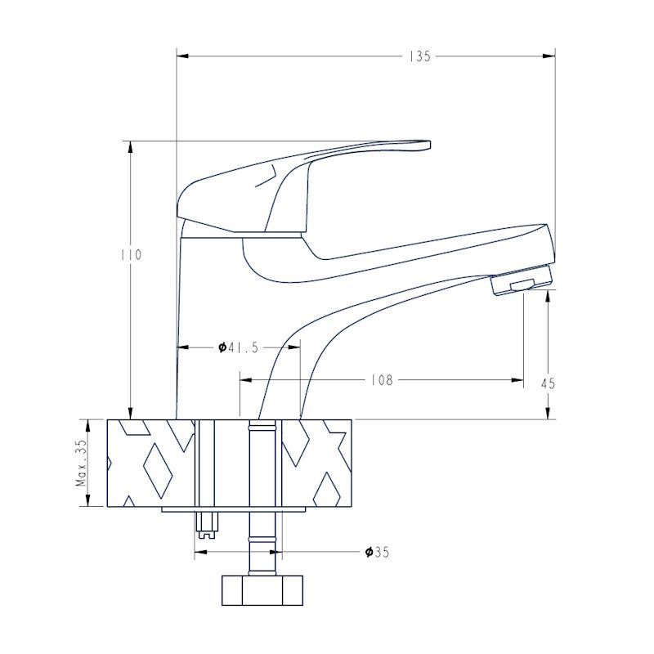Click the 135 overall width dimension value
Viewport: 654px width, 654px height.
tap(419, 56)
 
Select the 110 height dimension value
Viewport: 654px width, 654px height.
tap(131, 255)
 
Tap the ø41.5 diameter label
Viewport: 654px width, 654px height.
tap(239, 347)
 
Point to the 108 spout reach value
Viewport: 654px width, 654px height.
tap(382, 380)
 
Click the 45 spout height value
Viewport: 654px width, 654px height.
tap(548, 383)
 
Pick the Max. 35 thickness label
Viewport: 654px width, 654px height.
tap(81, 463)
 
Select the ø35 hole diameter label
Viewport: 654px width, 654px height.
tap(377, 553)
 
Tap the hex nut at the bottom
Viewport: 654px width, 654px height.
tap(262, 590)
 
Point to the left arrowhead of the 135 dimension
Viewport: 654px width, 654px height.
tap(183, 56)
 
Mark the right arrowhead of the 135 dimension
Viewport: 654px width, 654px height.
tap(549, 56)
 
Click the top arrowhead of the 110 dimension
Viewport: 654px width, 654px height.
tap(131, 148)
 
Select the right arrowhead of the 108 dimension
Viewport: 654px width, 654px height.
tap(517, 380)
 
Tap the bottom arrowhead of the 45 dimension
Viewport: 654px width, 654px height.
tap(548, 413)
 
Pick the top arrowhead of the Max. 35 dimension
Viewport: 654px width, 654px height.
tap(88, 426)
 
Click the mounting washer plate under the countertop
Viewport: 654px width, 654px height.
tap(234, 509)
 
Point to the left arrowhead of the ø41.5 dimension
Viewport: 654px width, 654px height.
tap(183, 347)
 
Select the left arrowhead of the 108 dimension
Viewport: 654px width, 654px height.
tap(247, 380)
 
